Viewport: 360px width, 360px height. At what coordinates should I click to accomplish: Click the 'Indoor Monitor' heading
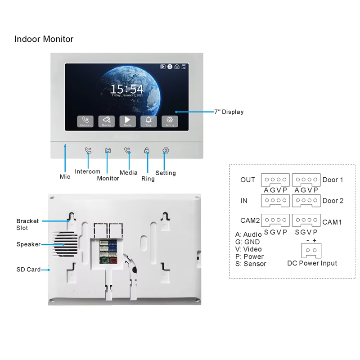[x=44, y=39]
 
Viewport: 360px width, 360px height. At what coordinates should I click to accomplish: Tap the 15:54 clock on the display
[x=126, y=89]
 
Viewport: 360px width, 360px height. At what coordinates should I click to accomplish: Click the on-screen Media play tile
[x=127, y=121]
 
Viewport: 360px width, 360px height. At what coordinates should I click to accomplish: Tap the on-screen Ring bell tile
[x=148, y=121]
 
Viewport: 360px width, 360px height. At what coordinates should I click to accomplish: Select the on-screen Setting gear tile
[x=170, y=121]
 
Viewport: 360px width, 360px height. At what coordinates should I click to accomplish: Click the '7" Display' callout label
[x=229, y=112]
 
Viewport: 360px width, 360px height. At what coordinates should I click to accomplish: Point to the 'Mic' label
[x=65, y=177]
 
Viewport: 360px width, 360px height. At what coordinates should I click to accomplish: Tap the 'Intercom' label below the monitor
[x=87, y=171]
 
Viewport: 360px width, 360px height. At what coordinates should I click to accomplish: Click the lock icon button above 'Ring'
[x=147, y=151]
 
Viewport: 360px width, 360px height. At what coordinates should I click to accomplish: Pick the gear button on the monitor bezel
[x=166, y=151]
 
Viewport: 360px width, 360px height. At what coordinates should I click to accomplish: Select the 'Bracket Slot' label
[x=28, y=224]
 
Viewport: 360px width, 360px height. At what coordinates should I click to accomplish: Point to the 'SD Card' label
[x=28, y=270]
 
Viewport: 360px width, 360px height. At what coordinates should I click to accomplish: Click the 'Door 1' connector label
[x=333, y=180]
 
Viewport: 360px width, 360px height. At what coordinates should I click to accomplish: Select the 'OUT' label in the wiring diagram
[x=247, y=180]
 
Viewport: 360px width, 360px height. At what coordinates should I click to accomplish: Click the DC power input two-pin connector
[x=311, y=250]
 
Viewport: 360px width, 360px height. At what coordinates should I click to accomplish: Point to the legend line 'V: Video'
[x=248, y=249]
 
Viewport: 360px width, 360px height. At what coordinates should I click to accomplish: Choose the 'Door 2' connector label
[x=333, y=201]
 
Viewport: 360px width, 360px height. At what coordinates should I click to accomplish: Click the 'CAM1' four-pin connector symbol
[x=306, y=220]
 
